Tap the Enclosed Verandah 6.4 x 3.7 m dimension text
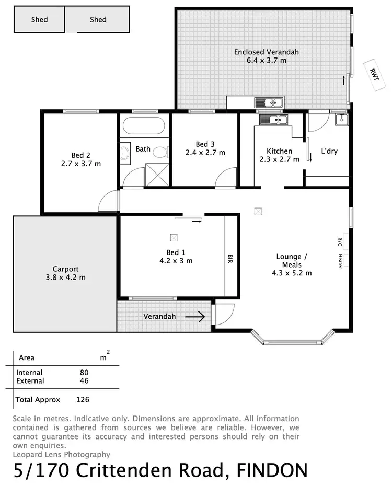click(267, 61)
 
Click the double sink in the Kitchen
click(273, 120)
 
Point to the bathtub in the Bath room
click(144, 125)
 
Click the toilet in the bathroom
click(162, 152)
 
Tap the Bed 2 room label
click(81, 155)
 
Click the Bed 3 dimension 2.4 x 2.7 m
click(205, 153)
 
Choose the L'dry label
click(329, 152)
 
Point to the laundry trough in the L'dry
click(341, 120)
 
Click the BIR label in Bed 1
click(229, 259)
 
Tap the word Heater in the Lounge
click(340, 261)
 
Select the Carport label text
click(65, 269)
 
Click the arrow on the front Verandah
click(194, 316)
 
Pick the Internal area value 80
click(84, 373)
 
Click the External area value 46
click(84, 381)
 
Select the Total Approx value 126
click(83, 400)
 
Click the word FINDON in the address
click(272, 471)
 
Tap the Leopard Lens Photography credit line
click(61, 455)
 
